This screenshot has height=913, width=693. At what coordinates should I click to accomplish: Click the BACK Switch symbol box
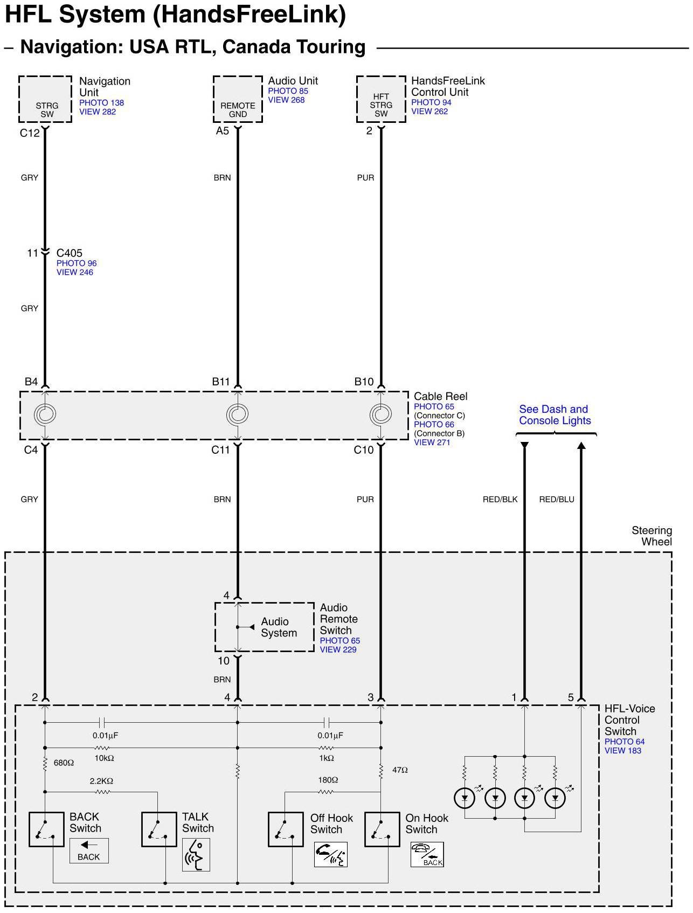point(46,829)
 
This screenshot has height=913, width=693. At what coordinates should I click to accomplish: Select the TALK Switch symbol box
point(159,829)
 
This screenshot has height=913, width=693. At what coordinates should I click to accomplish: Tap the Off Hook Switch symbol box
point(286,829)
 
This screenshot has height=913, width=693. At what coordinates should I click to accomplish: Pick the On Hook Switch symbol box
point(382,829)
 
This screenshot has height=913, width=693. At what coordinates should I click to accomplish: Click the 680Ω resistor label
point(64,763)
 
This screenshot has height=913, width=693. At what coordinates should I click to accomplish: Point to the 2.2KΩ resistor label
point(101,781)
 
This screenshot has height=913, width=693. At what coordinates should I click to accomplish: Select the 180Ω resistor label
point(328,780)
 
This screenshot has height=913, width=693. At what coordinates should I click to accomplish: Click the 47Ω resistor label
point(400,770)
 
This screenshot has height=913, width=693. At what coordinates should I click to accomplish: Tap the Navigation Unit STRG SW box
point(45,99)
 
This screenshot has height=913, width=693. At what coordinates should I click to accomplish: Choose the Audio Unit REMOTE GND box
point(238,99)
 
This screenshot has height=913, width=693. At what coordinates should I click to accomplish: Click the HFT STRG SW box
point(381,99)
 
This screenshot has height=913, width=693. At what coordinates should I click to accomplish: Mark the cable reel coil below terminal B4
point(45,414)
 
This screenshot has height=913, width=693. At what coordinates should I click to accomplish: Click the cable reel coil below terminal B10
point(380,414)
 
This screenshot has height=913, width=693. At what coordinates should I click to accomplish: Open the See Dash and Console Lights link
point(555,415)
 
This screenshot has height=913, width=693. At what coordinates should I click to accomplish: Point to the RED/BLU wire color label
point(557,500)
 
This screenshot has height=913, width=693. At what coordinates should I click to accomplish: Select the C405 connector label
point(70,253)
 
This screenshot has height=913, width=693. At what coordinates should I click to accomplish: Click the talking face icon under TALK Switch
point(196,855)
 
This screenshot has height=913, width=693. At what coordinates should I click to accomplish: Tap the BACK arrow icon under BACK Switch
point(89,850)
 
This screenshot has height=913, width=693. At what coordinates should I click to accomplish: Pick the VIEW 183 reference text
point(622,751)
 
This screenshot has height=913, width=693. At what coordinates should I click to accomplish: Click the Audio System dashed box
point(265,627)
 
